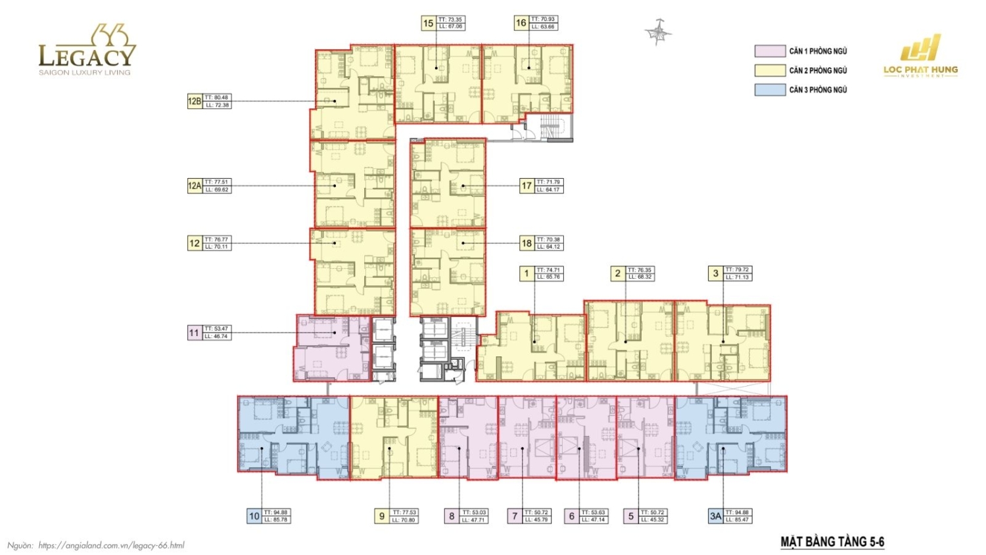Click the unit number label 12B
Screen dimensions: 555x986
(x=195, y=101)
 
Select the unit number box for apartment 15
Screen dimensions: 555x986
(x=429, y=23)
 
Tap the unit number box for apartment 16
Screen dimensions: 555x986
(x=521, y=23)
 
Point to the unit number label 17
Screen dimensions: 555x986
(x=527, y=186)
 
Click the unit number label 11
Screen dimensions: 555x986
(x=194, y=333)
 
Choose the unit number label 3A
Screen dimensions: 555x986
(x=715, y=516)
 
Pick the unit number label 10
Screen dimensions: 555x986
(x=254, y=516)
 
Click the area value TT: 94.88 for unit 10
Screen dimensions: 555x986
(x=276, y=512)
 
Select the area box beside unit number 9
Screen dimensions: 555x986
(x=404, y=516)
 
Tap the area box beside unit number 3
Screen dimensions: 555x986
(x=738, y=274)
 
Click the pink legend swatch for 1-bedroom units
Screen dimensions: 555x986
(x=770, y=51)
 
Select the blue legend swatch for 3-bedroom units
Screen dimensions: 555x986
(x=770, y=89)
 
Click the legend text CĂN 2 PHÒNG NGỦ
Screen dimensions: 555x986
(x=818, y=70)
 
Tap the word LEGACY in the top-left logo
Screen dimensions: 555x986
(x=87, y=57)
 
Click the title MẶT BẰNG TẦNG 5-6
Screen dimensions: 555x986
(x=832, y=542)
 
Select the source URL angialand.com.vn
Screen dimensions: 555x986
(x=111, y=545)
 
